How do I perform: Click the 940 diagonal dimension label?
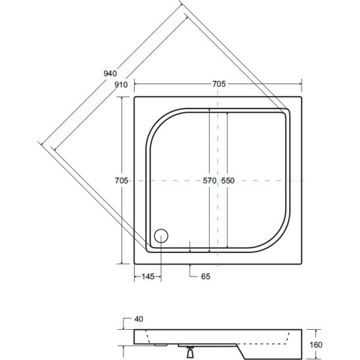pyautogui.click(x=110, y=74)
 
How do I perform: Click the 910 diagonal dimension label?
pyautogui.click(x=121, y=85)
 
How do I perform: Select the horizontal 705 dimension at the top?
pyautogui.click(x=219, y=84)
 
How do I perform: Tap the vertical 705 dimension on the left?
pyautogui.click(x=122, y=181)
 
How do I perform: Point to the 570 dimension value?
pyautogui.click(x=210, y=181)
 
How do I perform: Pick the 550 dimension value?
pyautogui.click(x=228, y=181)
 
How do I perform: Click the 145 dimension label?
pyautogui.click(x=148, y=277)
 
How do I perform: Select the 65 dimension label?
pyautogui.click(x=206, y=277)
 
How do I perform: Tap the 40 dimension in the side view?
pyautogui.click(x=139, y=319)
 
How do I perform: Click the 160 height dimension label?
pyautogui.click(x=316, y=345)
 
